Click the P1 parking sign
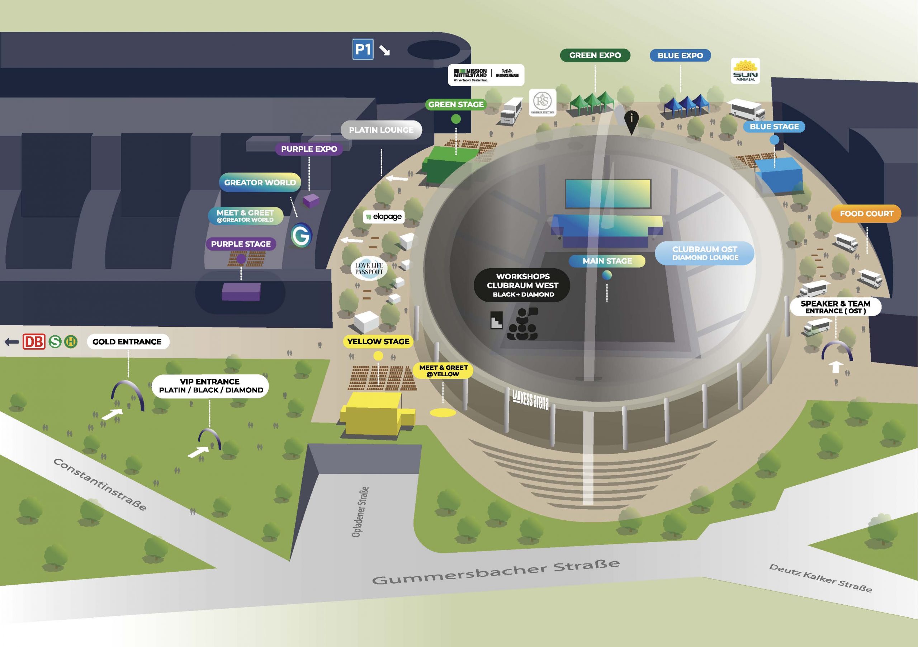(363, 49)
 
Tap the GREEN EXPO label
(595, 55)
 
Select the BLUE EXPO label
(680, 56)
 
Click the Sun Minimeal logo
(745, 71)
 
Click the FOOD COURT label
(866, 213)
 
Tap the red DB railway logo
(34, 342)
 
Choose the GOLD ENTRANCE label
(127, 342)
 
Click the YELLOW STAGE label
(378, 341)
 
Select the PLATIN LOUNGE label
(381, 130)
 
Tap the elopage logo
(384, 217)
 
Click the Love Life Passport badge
(369, 268)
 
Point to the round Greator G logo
(301, 235)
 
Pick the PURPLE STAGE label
(241, 244)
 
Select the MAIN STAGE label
(607, 261)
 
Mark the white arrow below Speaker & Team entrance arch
(835, 367)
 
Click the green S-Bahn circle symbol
(55, 342)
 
